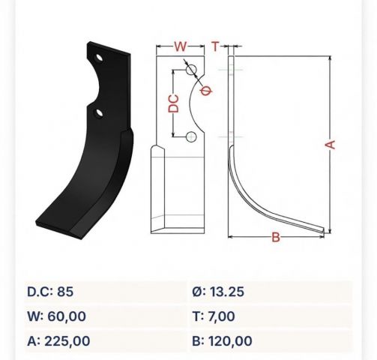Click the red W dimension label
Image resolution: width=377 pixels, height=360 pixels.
[x=180, y=46]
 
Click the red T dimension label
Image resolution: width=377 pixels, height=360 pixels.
[x=215, y=46]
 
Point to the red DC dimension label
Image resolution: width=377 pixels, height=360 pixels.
[x=174, y=103]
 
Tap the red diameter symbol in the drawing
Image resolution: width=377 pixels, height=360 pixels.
[x=206, y=90]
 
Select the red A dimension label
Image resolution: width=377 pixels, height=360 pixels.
[x=330, y=145]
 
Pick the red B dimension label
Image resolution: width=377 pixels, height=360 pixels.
[x=276, y=237]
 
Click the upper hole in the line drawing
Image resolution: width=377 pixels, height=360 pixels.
[x=191, y=70]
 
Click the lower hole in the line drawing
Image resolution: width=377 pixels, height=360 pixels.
[x=191, y=136]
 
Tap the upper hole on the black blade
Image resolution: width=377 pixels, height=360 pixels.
[x=99, y=58]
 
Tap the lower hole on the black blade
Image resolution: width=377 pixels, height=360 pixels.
[x=99, y=113]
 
